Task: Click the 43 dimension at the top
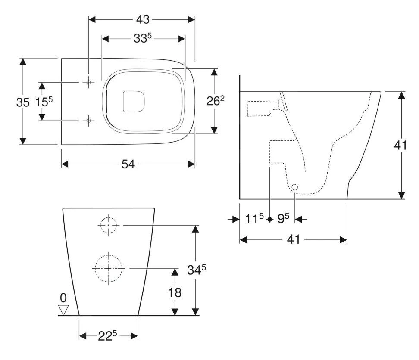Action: coord(143,19)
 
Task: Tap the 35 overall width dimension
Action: coord(23,102)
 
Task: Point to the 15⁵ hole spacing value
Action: coord(44,102)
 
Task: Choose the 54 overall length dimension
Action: coord(128,164)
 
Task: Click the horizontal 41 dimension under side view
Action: coord(293,239)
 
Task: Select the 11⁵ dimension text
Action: coord(255,219)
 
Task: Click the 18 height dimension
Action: coord(175,292)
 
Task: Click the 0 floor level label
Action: coord(63,298)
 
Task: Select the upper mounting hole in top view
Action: coord(88,82)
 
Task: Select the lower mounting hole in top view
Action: coord(88,121)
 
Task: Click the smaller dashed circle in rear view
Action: coord(108,225)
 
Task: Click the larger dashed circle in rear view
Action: coord(108,268)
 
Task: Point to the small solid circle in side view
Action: coord(294,187)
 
